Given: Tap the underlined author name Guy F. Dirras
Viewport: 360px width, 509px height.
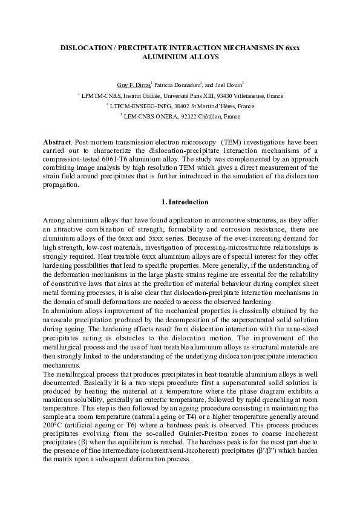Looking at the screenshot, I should point(133,85).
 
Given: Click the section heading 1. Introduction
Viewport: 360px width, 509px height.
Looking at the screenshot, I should point(180,202).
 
